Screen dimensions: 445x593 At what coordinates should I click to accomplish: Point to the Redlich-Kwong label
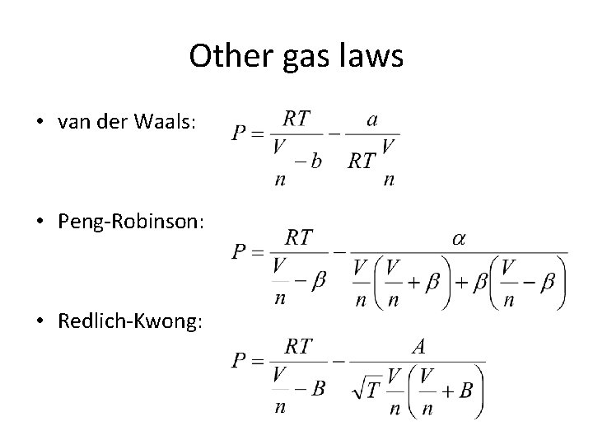129,321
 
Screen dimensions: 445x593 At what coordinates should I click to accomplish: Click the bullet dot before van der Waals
40,124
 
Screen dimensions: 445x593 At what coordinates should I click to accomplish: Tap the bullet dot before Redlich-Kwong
40,321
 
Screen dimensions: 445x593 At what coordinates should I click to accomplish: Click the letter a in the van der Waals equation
373,119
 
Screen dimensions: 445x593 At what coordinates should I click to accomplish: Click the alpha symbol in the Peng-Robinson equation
458,238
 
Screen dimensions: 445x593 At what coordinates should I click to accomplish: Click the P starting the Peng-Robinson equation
240,252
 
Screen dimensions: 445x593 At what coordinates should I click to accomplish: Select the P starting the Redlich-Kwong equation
240,361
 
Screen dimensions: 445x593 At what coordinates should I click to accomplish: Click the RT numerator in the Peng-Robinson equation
298,237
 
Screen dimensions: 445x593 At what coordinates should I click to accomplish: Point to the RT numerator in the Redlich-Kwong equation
298,347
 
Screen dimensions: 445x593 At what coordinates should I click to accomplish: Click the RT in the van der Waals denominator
362,161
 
